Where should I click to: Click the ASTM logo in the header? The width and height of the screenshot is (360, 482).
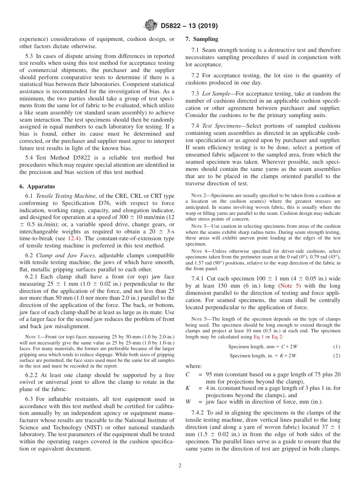[151, 26]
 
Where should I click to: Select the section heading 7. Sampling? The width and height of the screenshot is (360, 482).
[202, 39]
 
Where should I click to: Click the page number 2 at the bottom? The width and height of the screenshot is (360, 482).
[180, 466]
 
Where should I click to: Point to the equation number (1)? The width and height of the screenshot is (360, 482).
[337, 346]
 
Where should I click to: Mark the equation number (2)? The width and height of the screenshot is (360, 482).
[337, 355]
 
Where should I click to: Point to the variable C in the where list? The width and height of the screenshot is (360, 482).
[188, 374]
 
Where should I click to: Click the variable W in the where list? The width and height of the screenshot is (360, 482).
[188, 402]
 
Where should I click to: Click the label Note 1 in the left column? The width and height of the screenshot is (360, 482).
[30, 337]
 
